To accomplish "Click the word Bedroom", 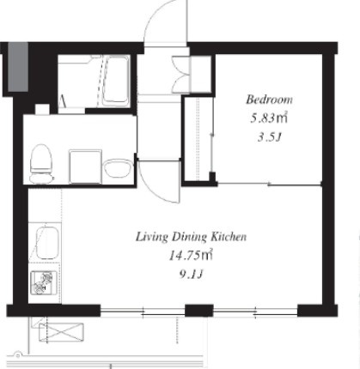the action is (269, 100).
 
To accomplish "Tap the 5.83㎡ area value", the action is (269, 118).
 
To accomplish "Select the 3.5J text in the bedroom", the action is (269, 137).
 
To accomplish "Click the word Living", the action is (151, 237).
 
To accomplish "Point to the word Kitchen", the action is (229, 237).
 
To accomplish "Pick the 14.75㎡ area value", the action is (191, 256).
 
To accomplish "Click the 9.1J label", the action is (191, 275).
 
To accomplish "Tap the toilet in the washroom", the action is (41, 163).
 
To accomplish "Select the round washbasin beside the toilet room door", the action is (119, 168).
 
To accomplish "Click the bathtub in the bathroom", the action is (116, 80).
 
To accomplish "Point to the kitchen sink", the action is (47, 243).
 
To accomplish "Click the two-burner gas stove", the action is (42, 282).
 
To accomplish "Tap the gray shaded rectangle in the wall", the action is (18, 67).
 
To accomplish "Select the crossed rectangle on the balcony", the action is (61, 332).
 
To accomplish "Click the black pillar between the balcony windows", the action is (199, 311).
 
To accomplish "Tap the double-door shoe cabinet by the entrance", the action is (181, 75).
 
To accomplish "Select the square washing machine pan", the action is (85, 166).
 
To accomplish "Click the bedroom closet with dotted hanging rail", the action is (198, 139).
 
